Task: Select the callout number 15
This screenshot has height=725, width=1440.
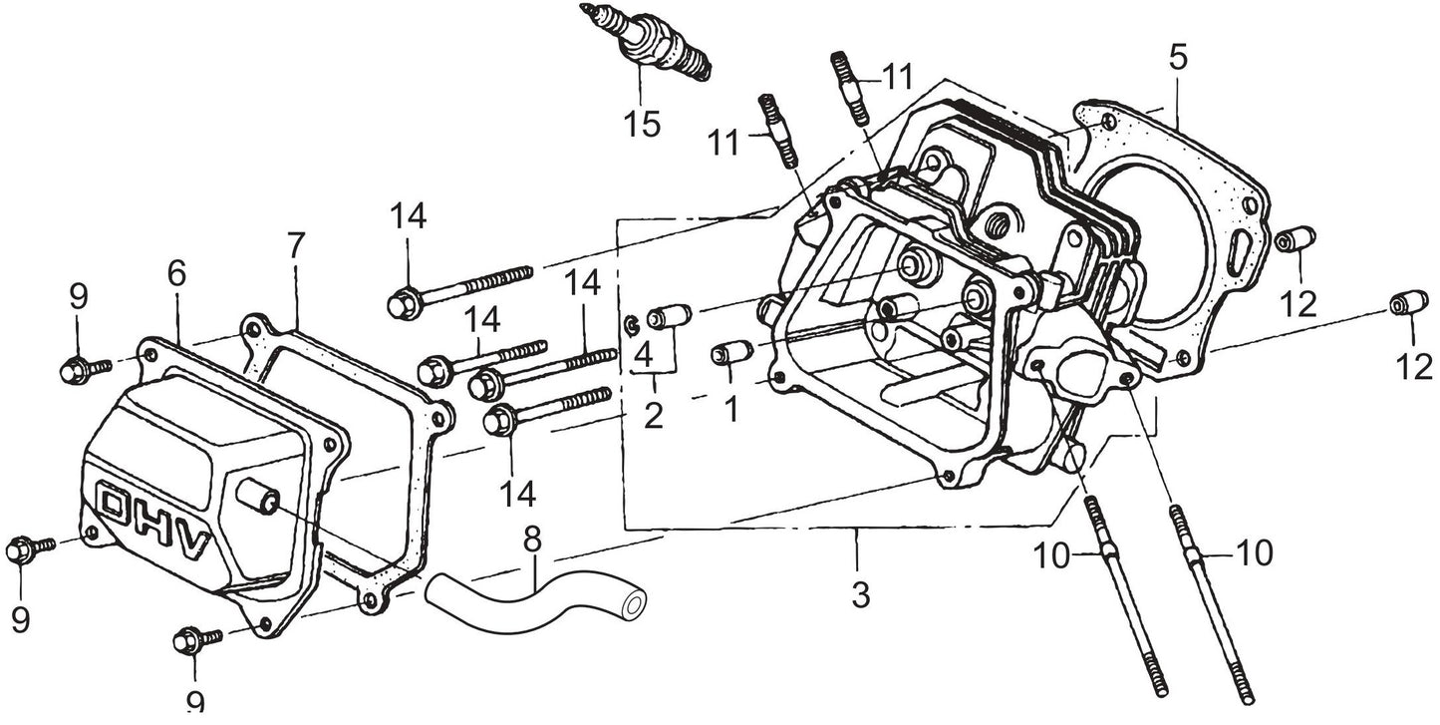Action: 642,125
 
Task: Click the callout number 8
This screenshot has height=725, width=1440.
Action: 532,541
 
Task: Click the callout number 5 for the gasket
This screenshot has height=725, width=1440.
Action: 1178,57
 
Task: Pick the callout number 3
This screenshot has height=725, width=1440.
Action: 860,595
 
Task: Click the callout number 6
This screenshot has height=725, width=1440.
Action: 176,274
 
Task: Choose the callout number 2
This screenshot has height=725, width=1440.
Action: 653,415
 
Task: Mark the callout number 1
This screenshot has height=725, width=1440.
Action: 732,409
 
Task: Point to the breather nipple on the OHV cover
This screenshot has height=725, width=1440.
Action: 256,493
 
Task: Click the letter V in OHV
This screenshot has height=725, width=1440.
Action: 195,544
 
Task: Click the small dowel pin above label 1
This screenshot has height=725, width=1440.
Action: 731,353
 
